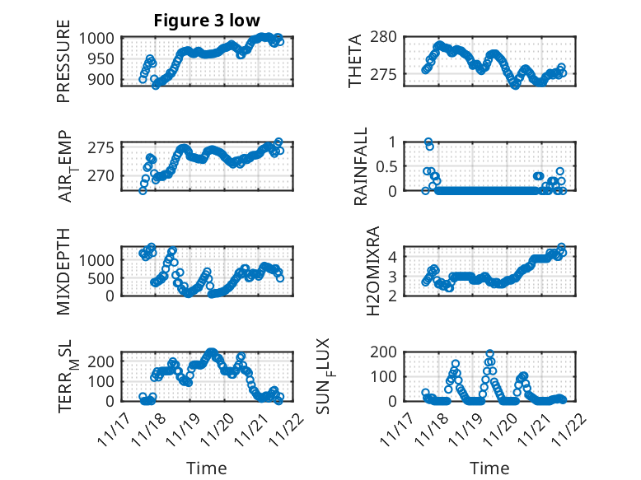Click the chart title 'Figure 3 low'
(208, 21)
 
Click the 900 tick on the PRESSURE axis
(105, 80)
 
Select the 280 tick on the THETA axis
(387, 37)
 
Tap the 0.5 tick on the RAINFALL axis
(387, 165)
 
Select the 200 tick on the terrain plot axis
(105, 361)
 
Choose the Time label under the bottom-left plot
(206, 468)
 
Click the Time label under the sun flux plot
(489, 468)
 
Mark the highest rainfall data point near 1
(428, 142)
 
